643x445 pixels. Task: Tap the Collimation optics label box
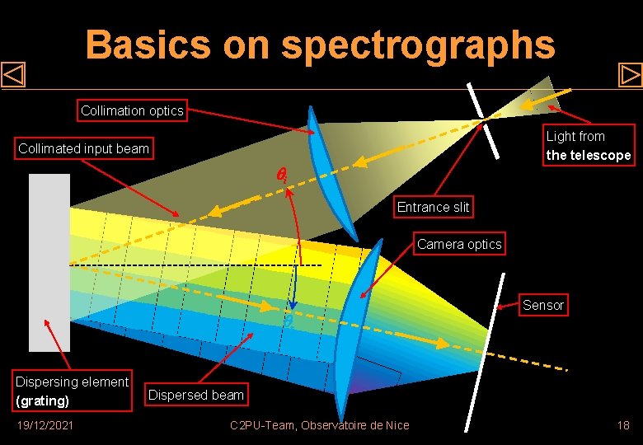[132, 110]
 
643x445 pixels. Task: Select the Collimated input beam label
[84, 149]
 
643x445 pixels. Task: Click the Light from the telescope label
[588, 146]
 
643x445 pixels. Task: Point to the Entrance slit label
[433, 207]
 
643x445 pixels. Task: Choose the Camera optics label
[459, 244]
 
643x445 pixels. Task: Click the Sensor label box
[543, 305]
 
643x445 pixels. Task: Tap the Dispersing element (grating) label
[72, 391]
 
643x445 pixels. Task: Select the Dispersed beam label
[195, 395]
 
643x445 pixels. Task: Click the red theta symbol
[281, 174]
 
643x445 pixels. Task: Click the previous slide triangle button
[14, 75]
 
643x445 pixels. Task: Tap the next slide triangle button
[630, 75]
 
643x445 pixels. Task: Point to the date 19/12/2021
[46, 425]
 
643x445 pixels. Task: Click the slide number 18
[623, 425]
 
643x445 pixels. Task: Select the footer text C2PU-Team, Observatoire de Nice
[320, 425]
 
